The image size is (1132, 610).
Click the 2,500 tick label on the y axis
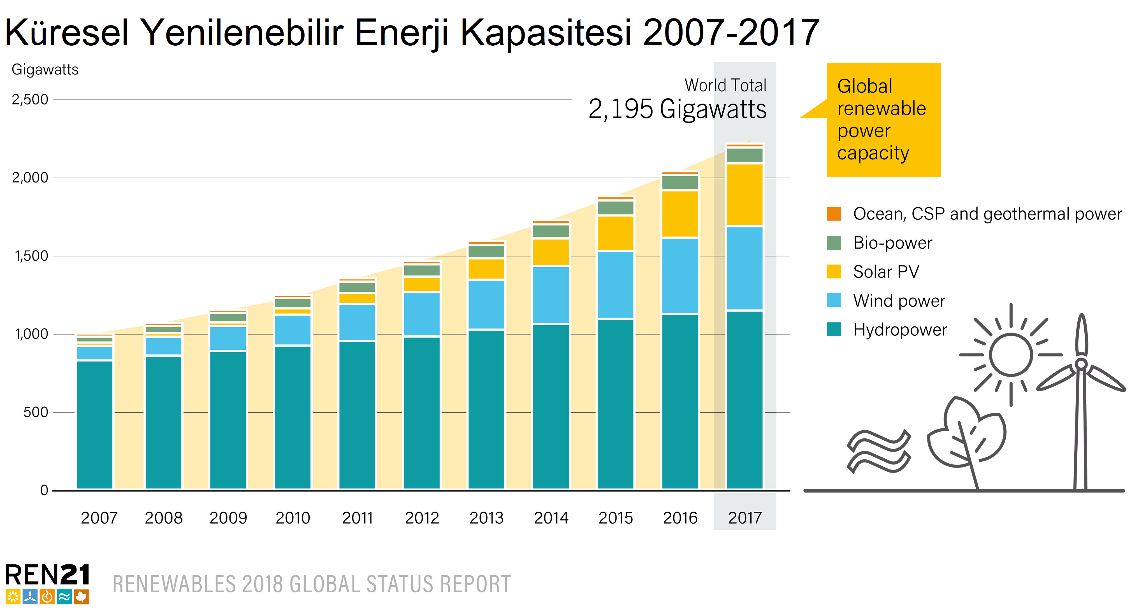30,100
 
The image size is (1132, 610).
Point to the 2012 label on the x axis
422,518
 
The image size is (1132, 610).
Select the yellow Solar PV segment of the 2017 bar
745,195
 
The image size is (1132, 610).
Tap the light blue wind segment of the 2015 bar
616,285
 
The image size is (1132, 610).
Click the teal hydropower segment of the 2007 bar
94,424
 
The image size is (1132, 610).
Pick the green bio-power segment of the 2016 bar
680,182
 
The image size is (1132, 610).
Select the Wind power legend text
899,301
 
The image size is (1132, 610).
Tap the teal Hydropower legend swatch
834,329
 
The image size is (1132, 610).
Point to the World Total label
725,85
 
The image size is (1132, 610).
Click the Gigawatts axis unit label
45,69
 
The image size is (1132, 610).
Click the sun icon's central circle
1011,354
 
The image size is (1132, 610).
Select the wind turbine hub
1082,364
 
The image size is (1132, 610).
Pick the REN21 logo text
47,575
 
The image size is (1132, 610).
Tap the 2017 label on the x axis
745,518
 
